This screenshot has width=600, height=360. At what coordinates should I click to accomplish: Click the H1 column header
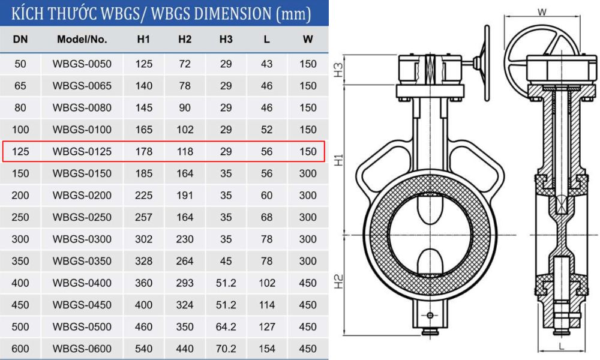tap(143, 40)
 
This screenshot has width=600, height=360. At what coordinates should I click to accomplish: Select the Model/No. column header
tap(82, 40)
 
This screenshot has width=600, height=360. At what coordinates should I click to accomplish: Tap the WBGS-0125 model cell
tap(82, 152)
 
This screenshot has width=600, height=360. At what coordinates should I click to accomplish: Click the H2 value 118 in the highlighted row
tap(185, 152)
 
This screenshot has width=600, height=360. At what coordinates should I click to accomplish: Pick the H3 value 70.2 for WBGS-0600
tap(226, 349)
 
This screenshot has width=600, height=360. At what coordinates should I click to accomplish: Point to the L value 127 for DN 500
tap(267, 327)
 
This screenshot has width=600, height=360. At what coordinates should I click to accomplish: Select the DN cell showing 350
tap(20, 261)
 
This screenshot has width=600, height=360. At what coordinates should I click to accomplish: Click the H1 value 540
tap(143, 349)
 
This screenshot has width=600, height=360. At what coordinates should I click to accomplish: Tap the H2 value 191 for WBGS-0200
tap(185, 196)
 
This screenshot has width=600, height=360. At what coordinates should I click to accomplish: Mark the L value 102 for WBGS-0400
tap(267, 283)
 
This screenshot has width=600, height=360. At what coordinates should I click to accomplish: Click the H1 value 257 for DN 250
tap(143, 217)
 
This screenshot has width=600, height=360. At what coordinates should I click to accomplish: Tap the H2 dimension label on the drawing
tap(338, 281)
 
